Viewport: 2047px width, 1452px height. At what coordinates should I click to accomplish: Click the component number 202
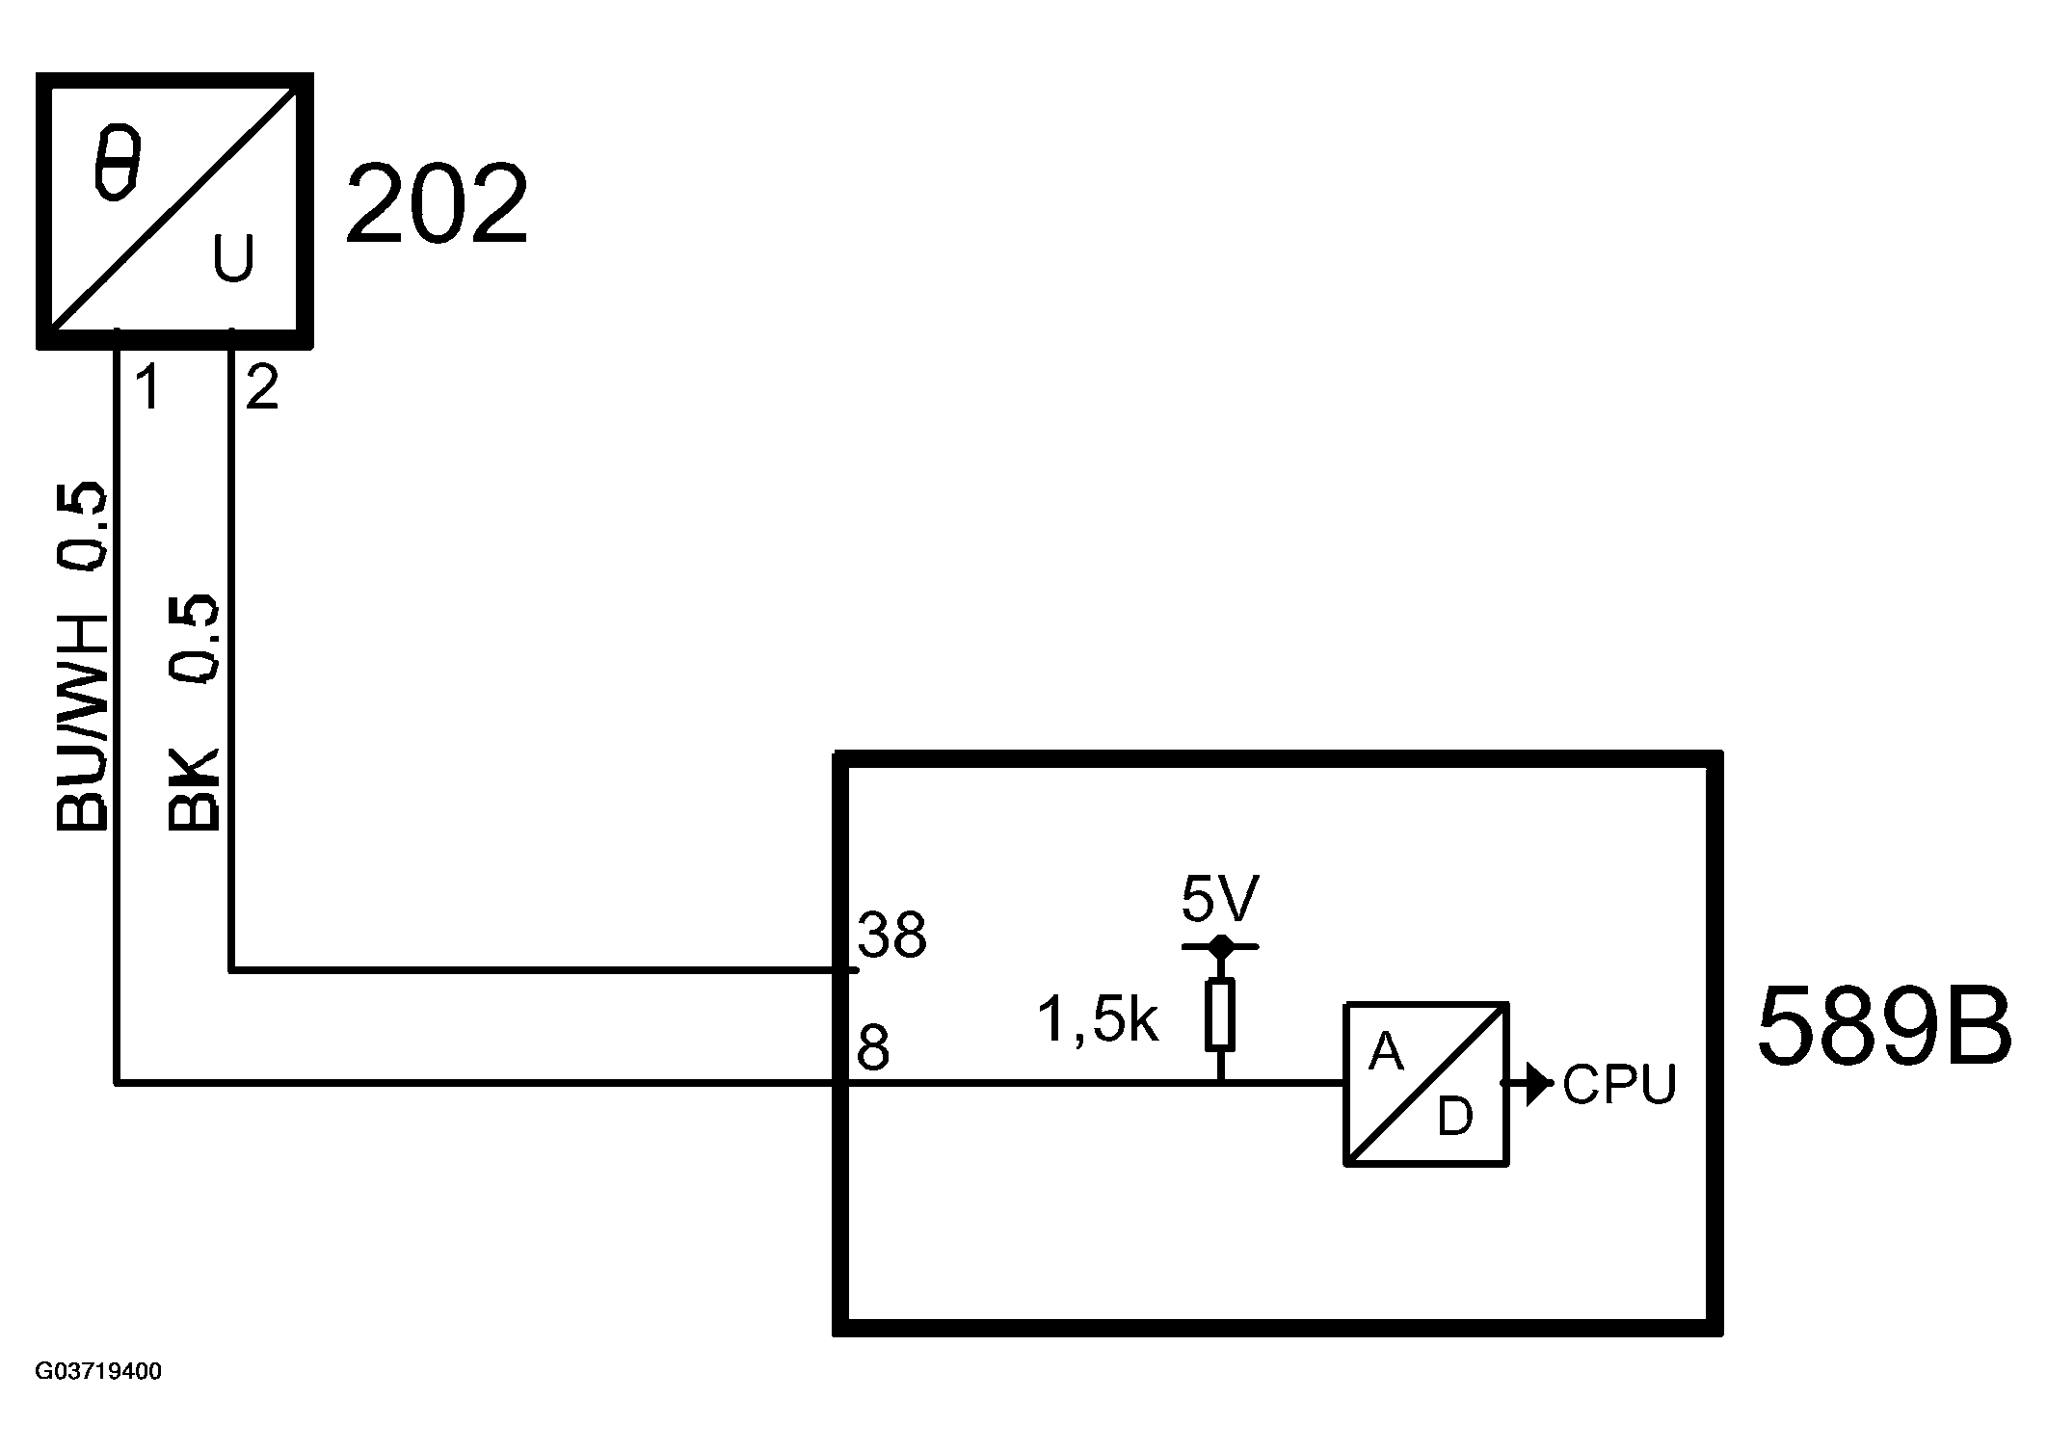pos(437,205)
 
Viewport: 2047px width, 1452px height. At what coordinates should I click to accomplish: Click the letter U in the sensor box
pos(232,257)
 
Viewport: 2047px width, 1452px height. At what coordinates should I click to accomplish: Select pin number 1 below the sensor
pos(146,387)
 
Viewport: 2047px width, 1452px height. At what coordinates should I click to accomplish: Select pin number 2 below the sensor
pos(262,387)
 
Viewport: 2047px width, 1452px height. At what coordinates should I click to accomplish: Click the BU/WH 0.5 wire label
pos(82,655)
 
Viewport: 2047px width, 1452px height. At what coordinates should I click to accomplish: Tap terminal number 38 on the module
pos(891,935)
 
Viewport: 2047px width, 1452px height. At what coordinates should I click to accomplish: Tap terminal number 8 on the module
pos(872,1048)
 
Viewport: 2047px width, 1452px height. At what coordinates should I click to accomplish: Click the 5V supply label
pos(1219,900)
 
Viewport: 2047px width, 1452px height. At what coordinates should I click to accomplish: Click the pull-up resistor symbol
pos(1220,1014)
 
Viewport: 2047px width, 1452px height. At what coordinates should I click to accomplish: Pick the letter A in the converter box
pos(1386,1051)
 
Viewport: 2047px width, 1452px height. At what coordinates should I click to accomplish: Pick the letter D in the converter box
pos(1455,1118)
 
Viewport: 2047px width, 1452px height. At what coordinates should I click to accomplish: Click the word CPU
pos(1619,1085)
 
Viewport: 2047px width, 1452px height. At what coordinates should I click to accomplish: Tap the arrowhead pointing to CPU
pos(1539,1084)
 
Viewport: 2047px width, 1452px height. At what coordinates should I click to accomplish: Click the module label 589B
pos(1884,1027)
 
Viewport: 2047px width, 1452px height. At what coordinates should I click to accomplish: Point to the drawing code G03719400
pos(98,1371)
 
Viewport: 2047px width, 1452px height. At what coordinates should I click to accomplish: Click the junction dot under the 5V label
pos(1220,945)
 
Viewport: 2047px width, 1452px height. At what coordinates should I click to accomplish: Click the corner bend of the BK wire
pos(230,970)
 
